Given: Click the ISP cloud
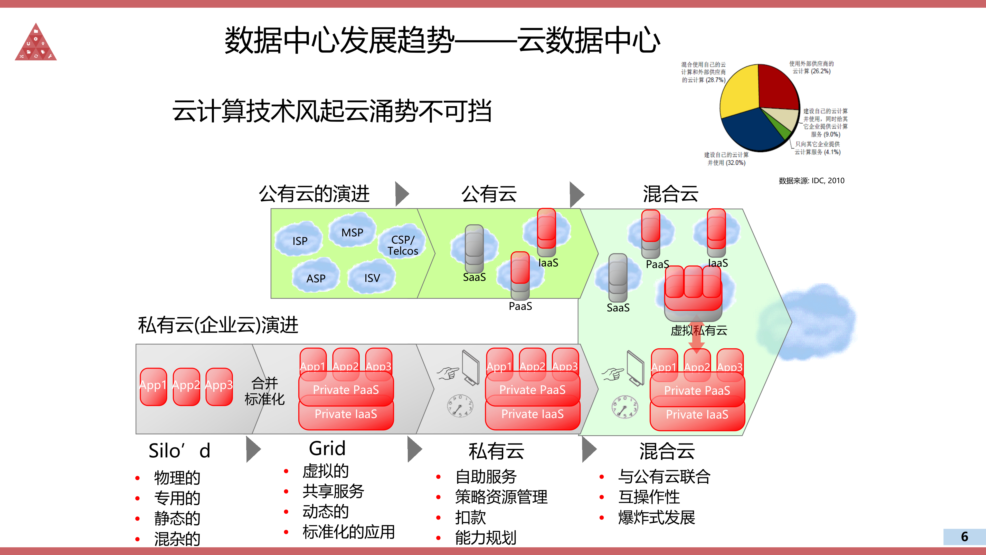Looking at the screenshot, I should pos(300,240).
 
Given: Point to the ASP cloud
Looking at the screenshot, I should pos(316,278).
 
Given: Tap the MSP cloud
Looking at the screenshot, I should pos(352,232).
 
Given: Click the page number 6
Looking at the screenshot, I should pos(964,536).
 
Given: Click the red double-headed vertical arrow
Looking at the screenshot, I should pos(697,334).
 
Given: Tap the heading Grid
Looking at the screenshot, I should pos(327,448).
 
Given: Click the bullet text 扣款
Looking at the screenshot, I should pos(470,517).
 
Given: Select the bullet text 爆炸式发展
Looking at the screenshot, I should pos(657,517).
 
